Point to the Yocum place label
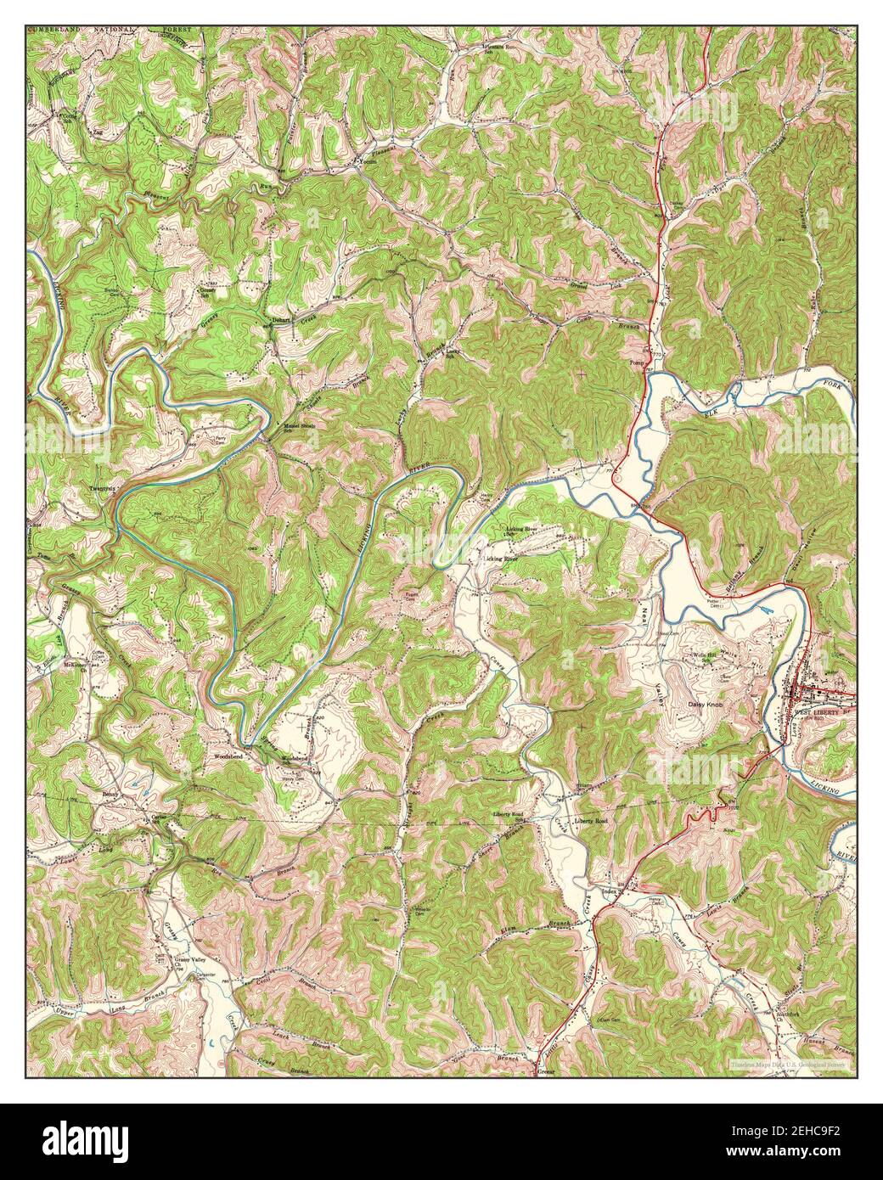pos(367,163)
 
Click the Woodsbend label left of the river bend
pos(228,754)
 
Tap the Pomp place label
pos(638,362)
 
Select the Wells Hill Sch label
pos(706,657)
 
